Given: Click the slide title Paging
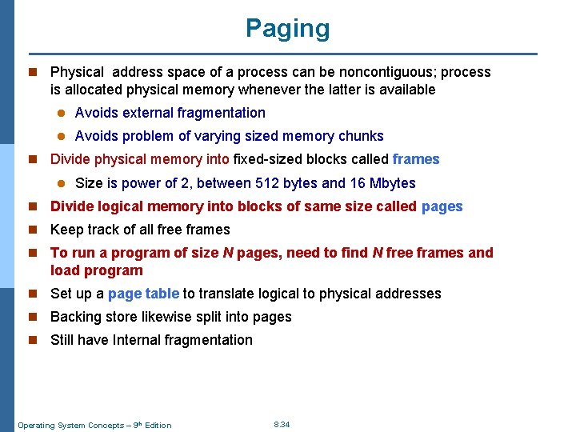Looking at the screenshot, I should [287, 29].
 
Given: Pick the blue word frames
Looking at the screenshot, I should [416, 159].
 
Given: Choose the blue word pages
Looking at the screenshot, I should [442, 206].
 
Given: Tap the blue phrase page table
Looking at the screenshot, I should [144, 294].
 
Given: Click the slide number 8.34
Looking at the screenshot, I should [282, 424].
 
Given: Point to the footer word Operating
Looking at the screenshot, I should [36, 425].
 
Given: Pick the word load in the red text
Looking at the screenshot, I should [64, 270].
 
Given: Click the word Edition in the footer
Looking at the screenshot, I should [158, 425].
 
